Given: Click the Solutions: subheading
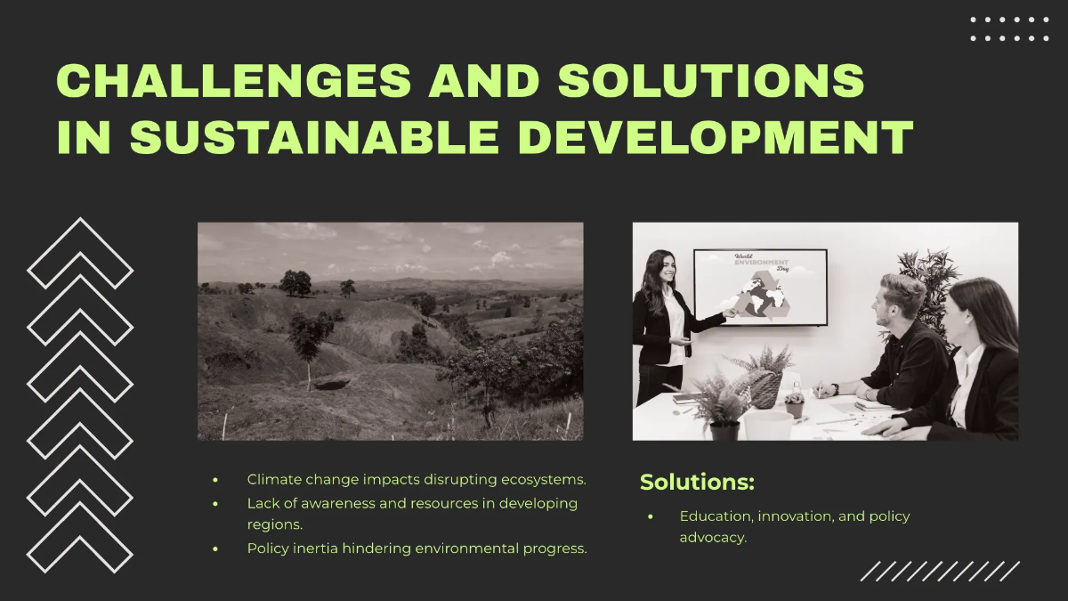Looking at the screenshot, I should [697, 483].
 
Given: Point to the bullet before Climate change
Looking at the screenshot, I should [215, 480].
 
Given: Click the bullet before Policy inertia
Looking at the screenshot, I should [215, 548].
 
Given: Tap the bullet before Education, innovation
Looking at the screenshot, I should [651, 516].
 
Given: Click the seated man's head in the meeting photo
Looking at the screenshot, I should [900, 298].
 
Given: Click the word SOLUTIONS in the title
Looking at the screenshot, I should [711, 82].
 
